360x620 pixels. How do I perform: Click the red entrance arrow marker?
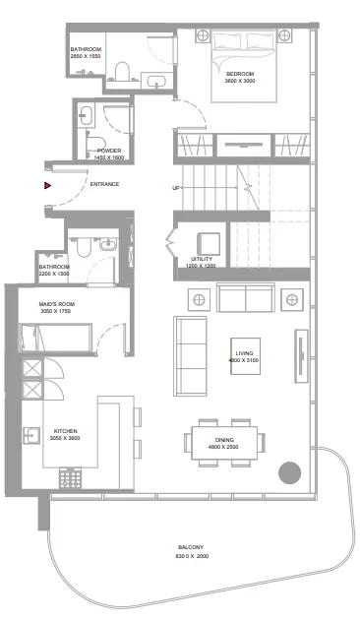(x=46, y=183)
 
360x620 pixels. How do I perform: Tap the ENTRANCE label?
(x=104, y=184)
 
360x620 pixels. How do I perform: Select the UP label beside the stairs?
(x=176, y=188)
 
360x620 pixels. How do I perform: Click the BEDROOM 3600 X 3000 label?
(x=241, y=77)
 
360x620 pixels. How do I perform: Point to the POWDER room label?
(x=109, y=154)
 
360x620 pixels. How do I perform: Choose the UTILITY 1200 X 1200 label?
(x=202, y=262)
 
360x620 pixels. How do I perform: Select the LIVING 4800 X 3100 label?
(x=246, y=355)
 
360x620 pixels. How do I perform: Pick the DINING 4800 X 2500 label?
(x=224, y=443)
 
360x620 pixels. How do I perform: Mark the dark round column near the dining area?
(x=289, y=472)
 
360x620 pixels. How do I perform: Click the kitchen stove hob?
(x=72, y=477)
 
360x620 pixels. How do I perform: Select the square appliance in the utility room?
(x=209, y=243)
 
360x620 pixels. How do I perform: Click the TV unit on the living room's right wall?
(x=300, y=350)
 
